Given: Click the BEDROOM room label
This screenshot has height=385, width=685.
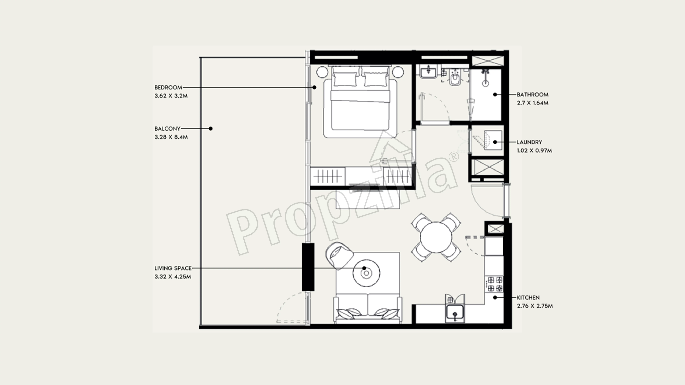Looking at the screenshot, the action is [x=168, y=87].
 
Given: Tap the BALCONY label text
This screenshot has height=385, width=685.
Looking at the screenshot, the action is [x=167, y=129].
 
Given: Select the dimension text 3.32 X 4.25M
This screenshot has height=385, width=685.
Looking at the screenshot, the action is [x=173, y=277].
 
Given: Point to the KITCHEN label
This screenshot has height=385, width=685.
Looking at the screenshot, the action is [x=528, y=298].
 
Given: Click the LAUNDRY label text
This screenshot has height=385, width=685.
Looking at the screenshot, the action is [x=529, y=142].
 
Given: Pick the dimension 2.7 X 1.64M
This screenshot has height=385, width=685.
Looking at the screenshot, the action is [x=532, y=103].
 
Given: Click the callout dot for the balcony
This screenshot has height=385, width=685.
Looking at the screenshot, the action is [x=211, y=129].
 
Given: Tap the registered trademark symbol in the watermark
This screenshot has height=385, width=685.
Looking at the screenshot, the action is [x=454, y=157].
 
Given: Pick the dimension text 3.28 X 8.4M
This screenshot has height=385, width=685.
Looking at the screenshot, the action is [x=171, y=137].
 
